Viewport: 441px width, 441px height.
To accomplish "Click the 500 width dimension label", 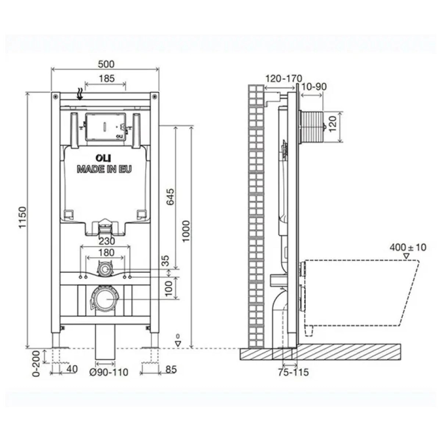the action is click(x=106, y=64).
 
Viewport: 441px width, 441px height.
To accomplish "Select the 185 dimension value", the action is click(x=107, y=79).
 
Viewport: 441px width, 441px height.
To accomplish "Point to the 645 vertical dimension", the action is click(x=170, y=197).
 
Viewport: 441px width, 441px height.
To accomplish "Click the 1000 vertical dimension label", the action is click(x=186, y=231).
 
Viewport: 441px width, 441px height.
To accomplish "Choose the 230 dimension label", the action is click(x=107, y=241).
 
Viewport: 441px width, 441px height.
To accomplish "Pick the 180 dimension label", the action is click(x=107, y=252).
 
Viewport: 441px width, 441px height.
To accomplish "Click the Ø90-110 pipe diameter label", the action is click(x=109, y=372).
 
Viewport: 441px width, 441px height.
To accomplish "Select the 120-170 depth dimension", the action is click(x=284, y=79).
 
